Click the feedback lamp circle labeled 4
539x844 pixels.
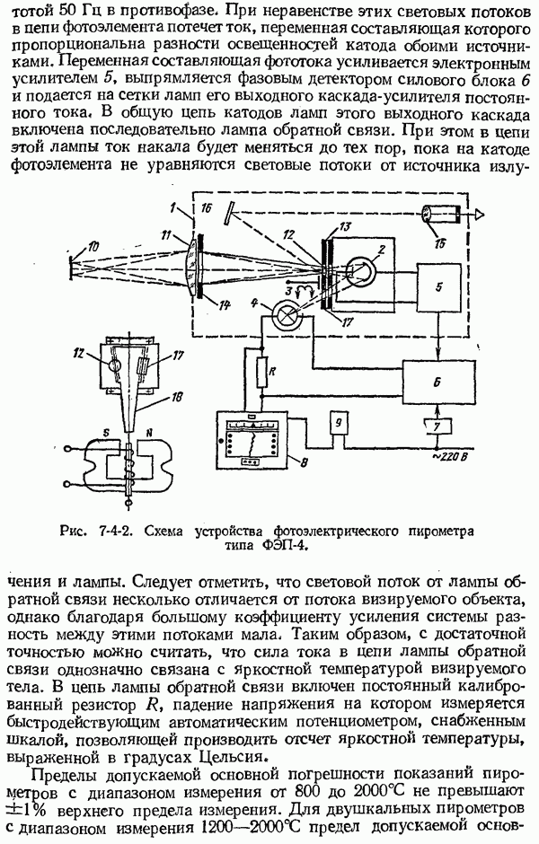point(286,316)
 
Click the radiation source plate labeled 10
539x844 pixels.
point(71,264)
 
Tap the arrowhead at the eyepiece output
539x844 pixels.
point(482,215)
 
